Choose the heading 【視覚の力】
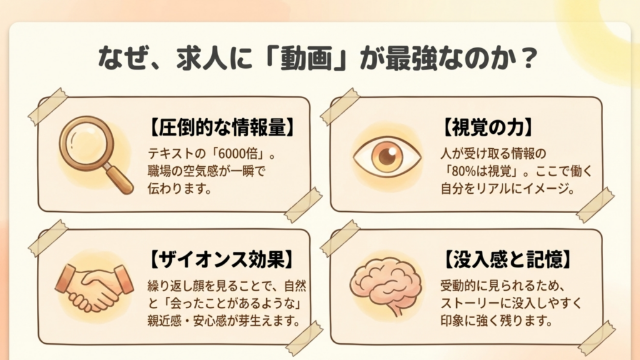pos(484,127)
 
